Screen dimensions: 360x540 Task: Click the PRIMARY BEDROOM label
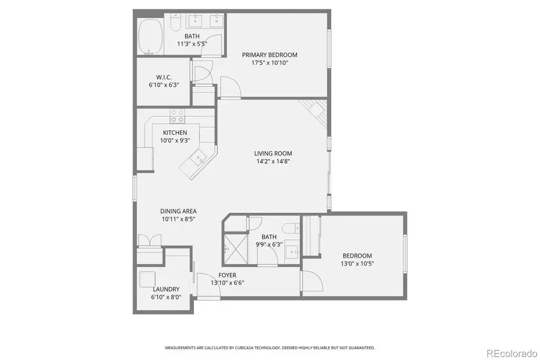(269, 55)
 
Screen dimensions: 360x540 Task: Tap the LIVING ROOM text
(273, 153)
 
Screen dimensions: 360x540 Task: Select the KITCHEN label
(174, 133)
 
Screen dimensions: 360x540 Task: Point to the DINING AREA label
(178, 211)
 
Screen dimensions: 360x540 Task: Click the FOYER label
(227, 275)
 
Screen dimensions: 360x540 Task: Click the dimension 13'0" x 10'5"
(357, 263)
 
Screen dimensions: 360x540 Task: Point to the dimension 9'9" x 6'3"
(268, 244)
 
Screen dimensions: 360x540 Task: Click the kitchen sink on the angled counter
(199, 159)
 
